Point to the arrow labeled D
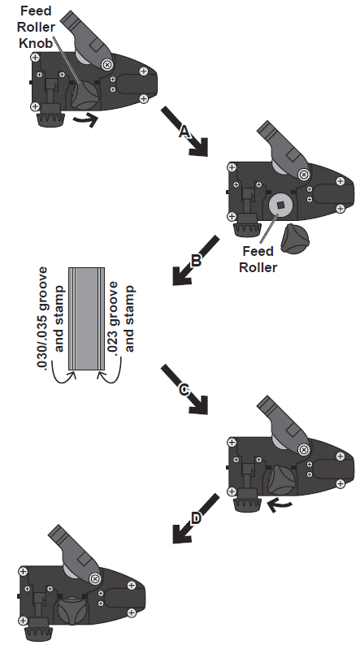(195, 517)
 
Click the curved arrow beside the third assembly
(279, 504)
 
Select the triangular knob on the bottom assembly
(70, 610)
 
